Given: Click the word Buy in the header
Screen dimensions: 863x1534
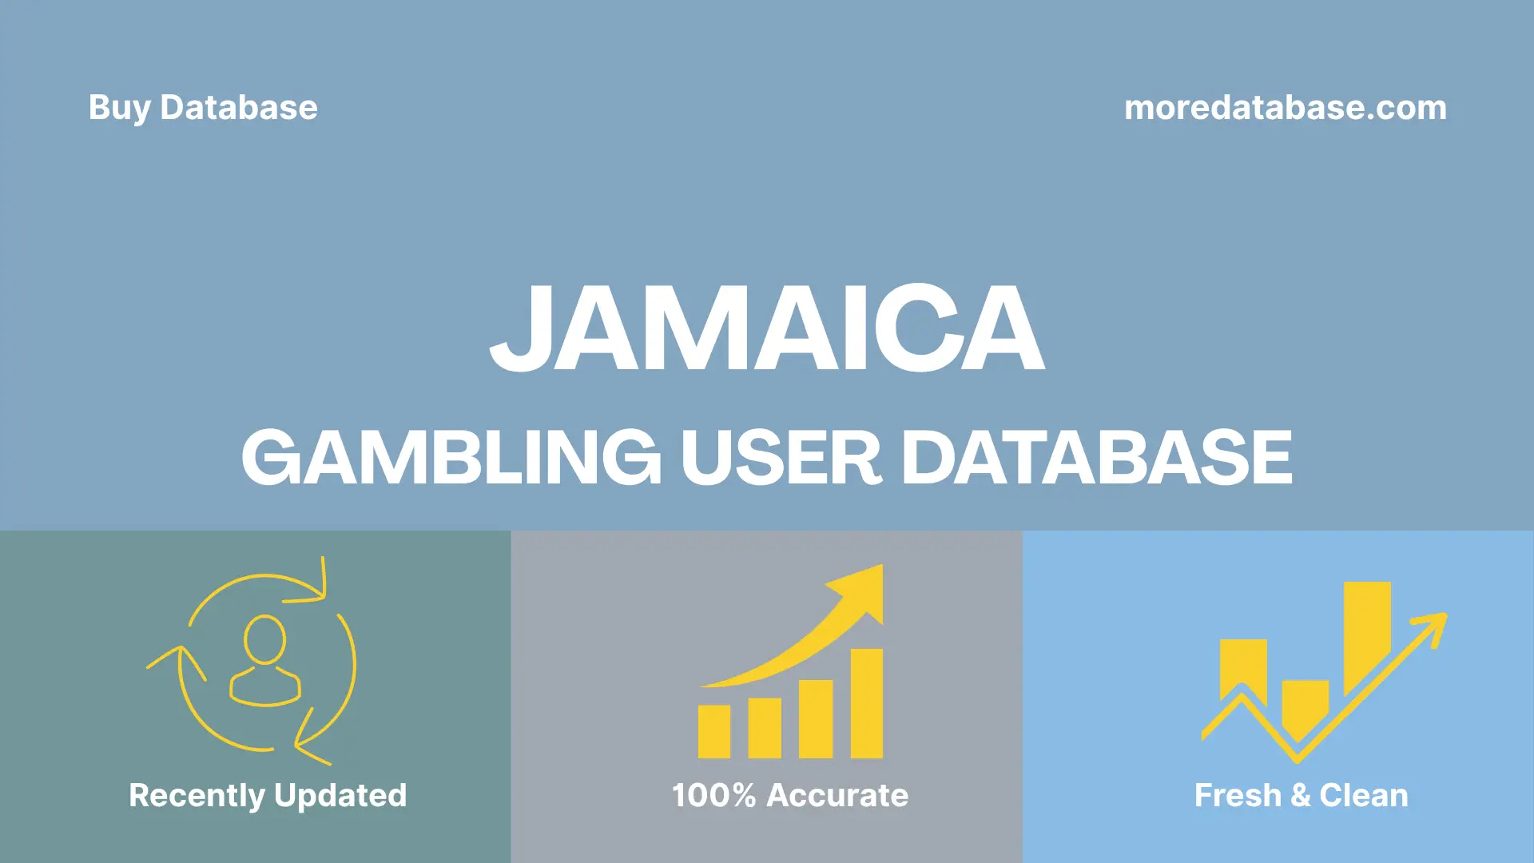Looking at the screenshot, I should pyautogui.click(x=119, y=108).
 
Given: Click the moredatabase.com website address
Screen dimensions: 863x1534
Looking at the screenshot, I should pyautogui.click(x=1285, y=108).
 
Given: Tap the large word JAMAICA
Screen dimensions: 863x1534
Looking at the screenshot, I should pyautogui.click(x=767, y=328).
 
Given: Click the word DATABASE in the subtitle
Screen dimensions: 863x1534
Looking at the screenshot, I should pyautogui.click(x=1096, y=457).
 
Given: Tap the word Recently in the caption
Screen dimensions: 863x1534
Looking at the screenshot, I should pyautogui.click(x=197, y=795).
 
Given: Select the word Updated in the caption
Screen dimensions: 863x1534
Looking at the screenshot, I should pyautogui.click(x=340, y=795).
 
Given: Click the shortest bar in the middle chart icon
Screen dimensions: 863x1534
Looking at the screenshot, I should pyautogui.click(x=713, y=731).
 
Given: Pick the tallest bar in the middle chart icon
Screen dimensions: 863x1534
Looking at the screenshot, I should pyautogui.click(x=866, y=703).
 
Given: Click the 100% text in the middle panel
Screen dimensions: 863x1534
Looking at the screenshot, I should pyautogui.click(x=713, y=795).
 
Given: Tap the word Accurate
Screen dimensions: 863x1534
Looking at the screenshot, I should pyautogui.click(x=837, y=795).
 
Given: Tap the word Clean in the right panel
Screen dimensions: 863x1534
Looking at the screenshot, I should pyautogui.click(x=1364, y=795).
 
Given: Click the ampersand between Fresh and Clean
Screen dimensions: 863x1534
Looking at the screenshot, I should pyautogui.click(x=1301, y=795).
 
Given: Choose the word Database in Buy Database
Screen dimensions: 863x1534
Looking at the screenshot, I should pyautogui.click(x=239, y=108).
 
